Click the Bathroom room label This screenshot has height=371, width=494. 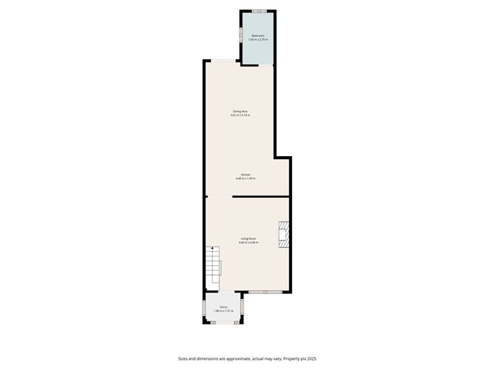258,36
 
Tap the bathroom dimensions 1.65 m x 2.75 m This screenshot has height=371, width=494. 258,39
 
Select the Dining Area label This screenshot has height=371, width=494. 240,111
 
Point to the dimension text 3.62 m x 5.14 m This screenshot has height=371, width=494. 240,116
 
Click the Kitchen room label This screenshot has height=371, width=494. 245,175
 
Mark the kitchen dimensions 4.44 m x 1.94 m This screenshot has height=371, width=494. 245,178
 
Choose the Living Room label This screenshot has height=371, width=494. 248,238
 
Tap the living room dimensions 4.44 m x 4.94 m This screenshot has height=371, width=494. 248,242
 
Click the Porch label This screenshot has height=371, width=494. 223,307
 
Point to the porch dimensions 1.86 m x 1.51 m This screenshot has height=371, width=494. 223,311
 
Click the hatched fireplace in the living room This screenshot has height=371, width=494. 282,235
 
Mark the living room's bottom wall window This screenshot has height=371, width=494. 266,293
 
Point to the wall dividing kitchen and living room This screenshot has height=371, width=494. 260,197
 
